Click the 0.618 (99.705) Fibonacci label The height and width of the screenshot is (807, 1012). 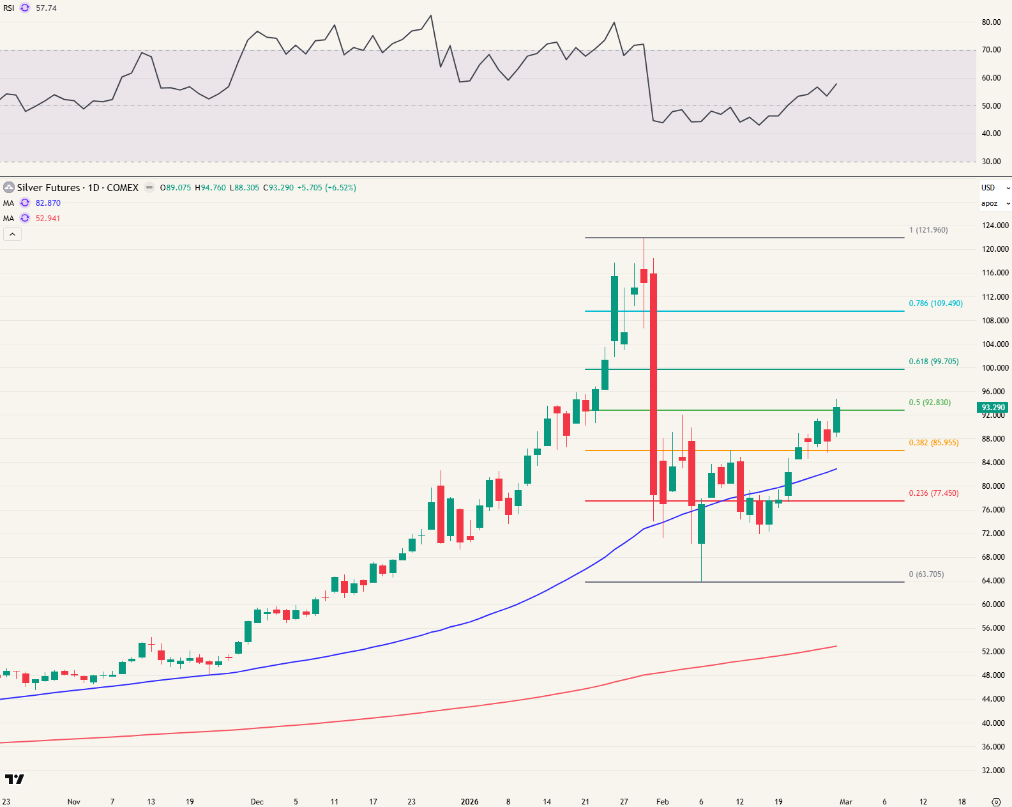(x=933, y=362)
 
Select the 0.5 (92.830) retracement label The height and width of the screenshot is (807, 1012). (x=930, y=403)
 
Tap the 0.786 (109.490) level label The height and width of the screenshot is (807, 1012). (x=935, y=304)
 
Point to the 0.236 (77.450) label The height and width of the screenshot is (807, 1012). (x=933, y=493)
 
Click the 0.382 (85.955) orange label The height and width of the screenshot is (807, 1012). (x=933, y=443)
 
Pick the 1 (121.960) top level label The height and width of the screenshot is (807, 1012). (x=928, y=230)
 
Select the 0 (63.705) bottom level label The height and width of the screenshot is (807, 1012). (x=926, y=574)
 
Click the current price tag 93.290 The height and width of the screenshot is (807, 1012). (x=993, y=408)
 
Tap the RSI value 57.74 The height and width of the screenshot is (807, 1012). (x=46, y=8)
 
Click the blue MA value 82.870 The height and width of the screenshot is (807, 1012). (x=48, y=203)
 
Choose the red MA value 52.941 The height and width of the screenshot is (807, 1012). (x=48, y=219)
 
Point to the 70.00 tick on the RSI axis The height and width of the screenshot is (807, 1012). (x=991, y=50)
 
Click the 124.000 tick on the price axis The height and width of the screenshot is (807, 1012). (x=995, y=226)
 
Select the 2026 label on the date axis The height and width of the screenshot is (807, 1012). (x=469, y=802)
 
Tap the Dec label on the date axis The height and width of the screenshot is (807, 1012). (x=257, y=802)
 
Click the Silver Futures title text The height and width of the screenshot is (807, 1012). (x=77, y=188)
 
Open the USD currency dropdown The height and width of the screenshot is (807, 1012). (x=995, y=188)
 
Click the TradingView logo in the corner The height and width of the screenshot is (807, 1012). (x=14, y=779)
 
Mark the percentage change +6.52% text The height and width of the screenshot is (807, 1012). (x=341, y=188)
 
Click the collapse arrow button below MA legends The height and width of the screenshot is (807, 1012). (x=12, y=234)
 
